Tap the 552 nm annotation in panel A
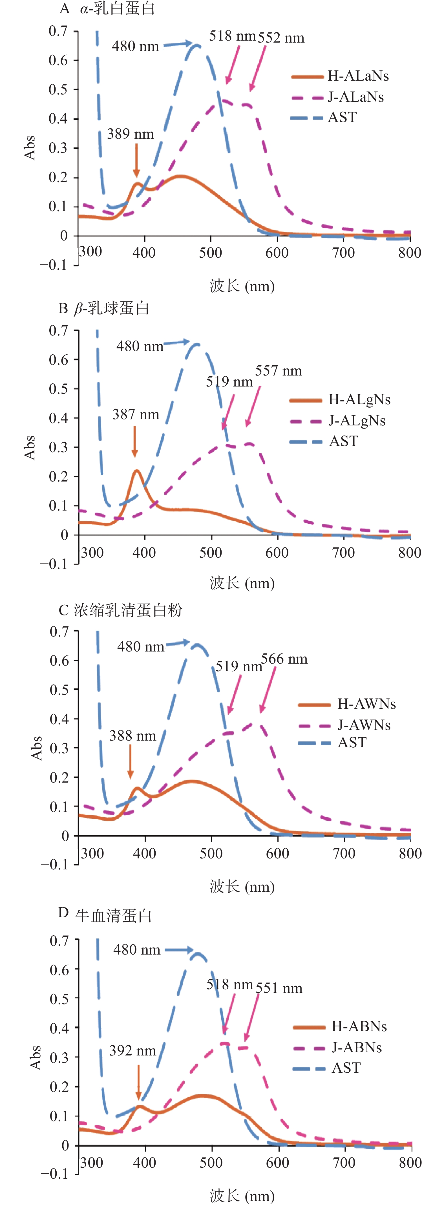(x=281, y=38)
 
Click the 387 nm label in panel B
(x=136, y=414)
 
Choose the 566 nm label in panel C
(x=284, y=659)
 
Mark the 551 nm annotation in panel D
(x=279, y=988)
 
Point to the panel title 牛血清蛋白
(x=114, y=916)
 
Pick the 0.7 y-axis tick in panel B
(x=59, y=331)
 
